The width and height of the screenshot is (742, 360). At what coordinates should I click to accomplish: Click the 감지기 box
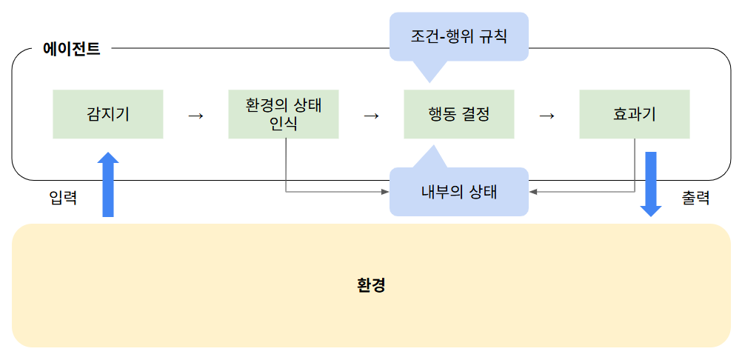[108, 114]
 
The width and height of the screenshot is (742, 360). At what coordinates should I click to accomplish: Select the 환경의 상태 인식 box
[284, 114]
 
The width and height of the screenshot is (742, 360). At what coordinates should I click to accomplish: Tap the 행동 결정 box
[459, 114]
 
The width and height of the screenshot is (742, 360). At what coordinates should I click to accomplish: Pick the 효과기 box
[635, 114]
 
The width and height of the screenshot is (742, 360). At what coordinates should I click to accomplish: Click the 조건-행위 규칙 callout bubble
[459, 36]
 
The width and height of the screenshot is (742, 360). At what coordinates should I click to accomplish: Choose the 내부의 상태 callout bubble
[459, 192]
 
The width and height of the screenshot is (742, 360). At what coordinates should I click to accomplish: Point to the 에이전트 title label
[72, 50]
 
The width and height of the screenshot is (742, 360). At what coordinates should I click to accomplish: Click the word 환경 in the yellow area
[371, 285]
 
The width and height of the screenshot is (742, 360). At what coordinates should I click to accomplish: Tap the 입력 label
[63, 198]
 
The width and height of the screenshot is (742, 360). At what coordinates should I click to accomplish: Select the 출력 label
[695, 198]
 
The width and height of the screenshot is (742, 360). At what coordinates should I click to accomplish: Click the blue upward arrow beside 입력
[108, 184]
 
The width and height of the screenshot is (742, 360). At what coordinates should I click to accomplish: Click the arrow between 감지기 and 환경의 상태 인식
[195, 116]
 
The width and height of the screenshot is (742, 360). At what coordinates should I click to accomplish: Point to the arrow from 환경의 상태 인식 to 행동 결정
[371, 116]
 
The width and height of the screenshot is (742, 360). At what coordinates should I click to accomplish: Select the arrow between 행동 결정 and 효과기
[547, 116]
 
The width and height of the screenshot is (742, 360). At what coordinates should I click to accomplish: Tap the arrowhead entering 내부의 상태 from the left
[384, 192]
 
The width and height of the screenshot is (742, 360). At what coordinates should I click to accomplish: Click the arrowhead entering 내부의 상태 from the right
[534, 192]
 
